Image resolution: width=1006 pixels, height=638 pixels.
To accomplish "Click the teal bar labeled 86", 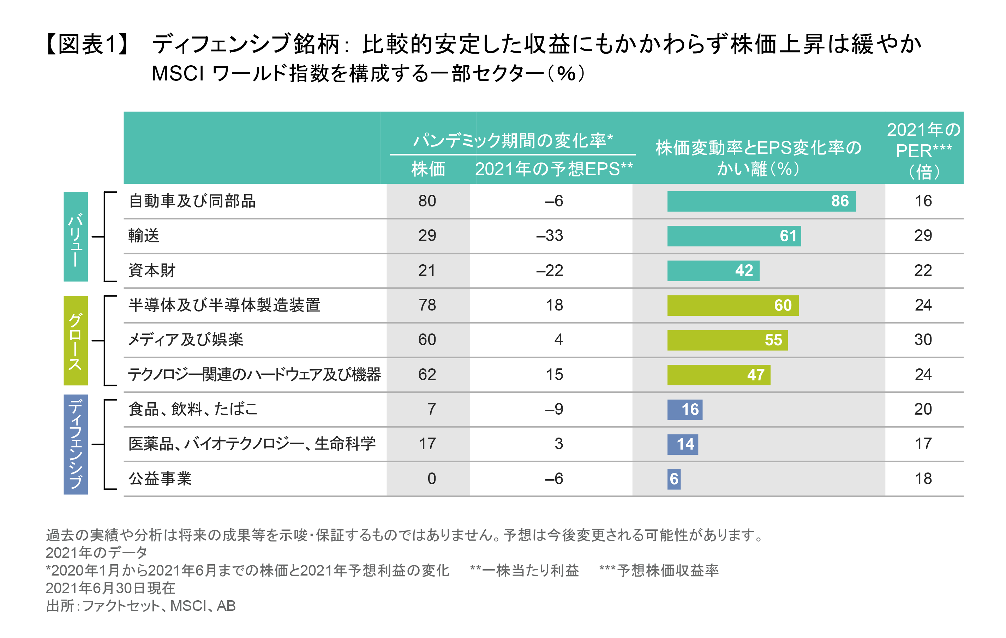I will [x=761, y=201].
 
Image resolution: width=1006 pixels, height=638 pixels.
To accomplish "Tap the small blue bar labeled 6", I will [x=673, y=479].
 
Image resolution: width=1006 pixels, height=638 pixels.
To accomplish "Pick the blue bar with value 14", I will [x=682, y=444].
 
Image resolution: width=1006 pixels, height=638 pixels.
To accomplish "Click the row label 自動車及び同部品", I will [x=192, y=201].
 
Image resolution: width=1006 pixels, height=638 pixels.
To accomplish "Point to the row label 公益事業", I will [x=160, y=479].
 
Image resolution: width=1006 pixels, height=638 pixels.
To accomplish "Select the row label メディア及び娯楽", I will [x=185, y=340].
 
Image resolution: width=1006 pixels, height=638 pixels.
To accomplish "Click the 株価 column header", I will [x=428, y=169].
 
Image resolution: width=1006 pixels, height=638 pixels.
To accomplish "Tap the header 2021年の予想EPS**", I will [x=554, y=169].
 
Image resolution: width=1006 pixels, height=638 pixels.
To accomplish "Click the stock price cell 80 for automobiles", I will [x=427, y=201].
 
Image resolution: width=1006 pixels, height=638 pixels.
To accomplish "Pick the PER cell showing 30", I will [x=923, y=340].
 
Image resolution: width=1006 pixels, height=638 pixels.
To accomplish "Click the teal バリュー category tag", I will [x=76, y=237].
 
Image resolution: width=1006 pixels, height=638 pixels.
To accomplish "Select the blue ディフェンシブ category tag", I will [x=76, y=444].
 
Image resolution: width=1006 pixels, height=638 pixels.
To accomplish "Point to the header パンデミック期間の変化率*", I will [x=513, y=141].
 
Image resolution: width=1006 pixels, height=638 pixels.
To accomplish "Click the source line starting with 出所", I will [x=141, y=606].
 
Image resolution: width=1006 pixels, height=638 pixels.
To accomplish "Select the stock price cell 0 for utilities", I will [x=432, y=479].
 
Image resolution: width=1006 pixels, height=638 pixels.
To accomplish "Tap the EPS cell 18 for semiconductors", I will [x=555, y=305].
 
